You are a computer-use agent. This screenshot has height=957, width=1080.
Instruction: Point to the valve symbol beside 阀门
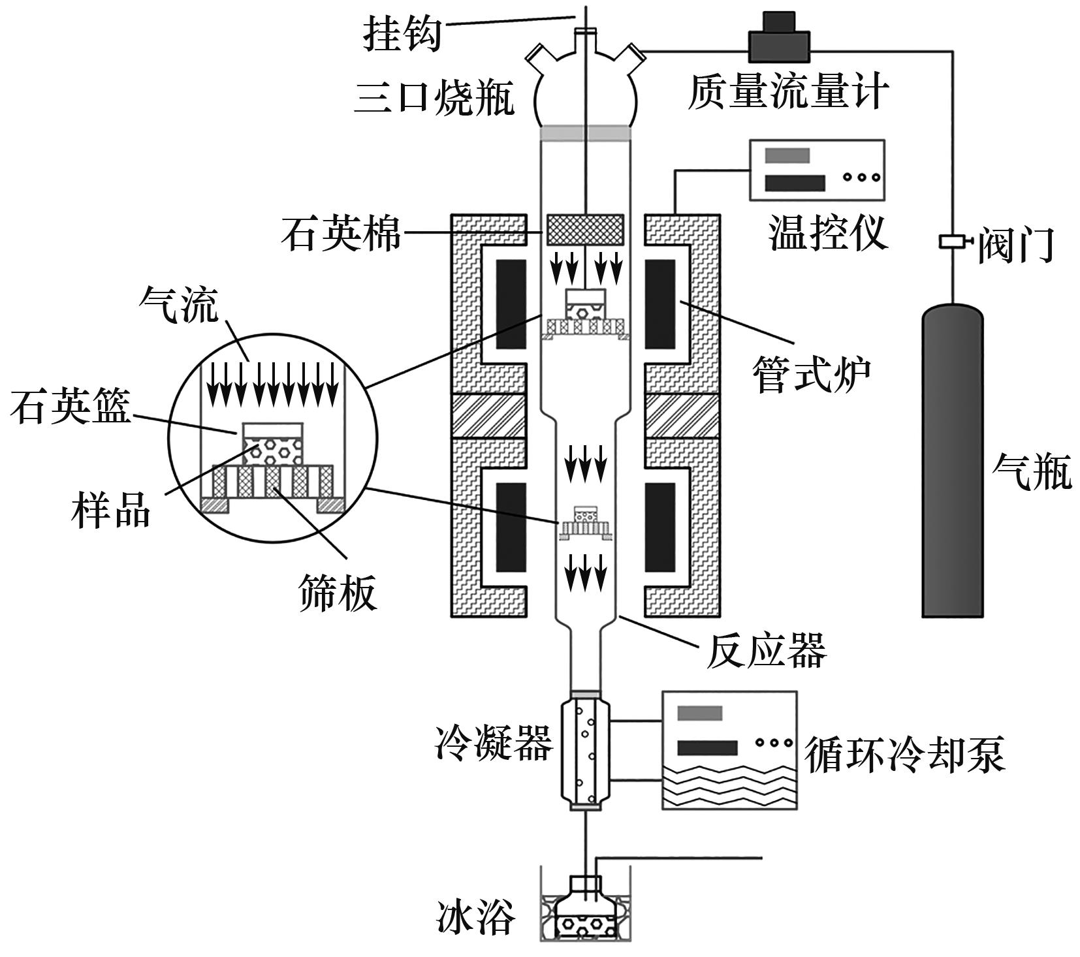click(x=954, y=242)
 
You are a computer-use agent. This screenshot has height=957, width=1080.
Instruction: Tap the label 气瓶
click(x=1032, y=471)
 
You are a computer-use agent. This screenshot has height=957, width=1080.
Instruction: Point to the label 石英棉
click(x=341, y=233)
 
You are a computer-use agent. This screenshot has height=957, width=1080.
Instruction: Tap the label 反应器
click(x=765, y=650)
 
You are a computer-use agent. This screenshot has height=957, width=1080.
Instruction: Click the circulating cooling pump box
click(x=729, y=750)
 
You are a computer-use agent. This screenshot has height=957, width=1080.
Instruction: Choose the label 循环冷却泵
click(x=904, y=755)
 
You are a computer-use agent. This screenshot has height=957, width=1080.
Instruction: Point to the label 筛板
click(x=338, y=592)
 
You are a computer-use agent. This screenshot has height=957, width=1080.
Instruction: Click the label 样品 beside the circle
click(x=111, y=510)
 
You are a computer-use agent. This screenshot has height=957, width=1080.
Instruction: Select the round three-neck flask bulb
click(x=586, y=91)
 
